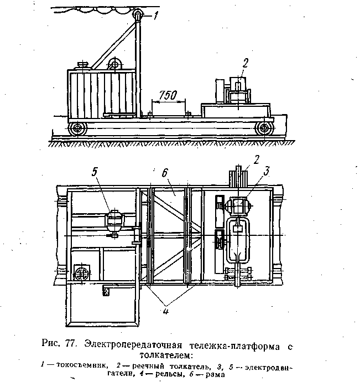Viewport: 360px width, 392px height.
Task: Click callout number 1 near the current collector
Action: click(x=156, y=17)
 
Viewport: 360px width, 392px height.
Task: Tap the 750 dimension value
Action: click(x=168, y=95)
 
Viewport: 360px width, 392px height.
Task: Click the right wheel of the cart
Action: click(x=265, y=129)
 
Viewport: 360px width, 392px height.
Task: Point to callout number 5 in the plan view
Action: click(x=95, y=172)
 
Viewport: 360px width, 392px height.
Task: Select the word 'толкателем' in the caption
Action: click(x=166, y=355)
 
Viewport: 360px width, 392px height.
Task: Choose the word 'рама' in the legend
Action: click(x=217, y=374)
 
